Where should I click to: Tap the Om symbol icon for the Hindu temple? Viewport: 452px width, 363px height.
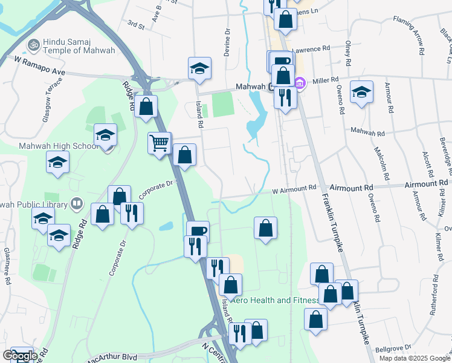(33, 44)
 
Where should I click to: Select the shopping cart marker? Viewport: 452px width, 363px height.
(160, 143)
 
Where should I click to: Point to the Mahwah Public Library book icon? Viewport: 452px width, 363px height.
(77, 203)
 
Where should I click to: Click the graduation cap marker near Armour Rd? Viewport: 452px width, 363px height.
(361, 92)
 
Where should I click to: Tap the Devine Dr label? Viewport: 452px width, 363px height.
(227, 43)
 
